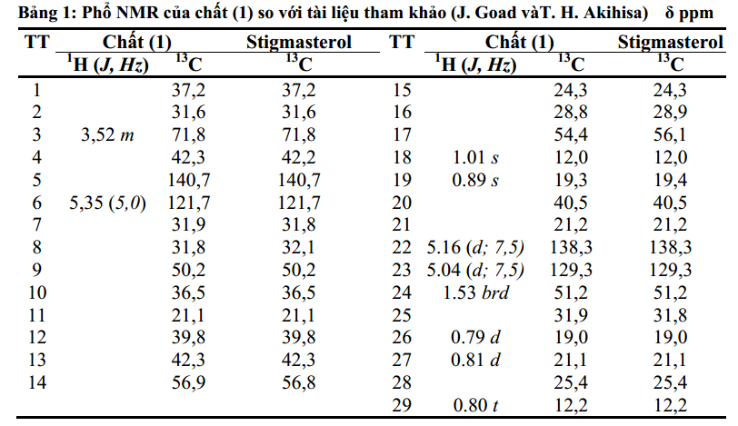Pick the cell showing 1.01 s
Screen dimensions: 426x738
pyautogui.click(x=475, y=157)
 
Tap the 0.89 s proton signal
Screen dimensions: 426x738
pyautogui.click(x=475, y=180)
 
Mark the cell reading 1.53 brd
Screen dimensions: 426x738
pyautogui.click(x=475, y=292)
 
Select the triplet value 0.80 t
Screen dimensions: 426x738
pyautogui.click(x=475, y=404)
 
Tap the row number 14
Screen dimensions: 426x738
pyautogui.click(x=36, y=381)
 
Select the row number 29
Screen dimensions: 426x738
pyautogui.click(x=402, y=404)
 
